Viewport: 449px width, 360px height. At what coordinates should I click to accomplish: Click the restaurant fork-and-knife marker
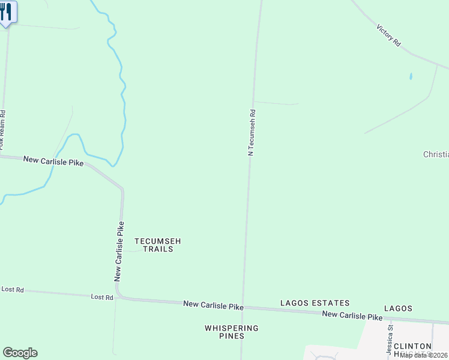tap(7, 13)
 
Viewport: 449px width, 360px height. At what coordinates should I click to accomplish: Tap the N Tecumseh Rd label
tap(253, 132)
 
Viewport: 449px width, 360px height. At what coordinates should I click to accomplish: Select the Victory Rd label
tap(388, 35)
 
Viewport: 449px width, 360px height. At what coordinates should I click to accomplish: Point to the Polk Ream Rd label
tap(2, 129)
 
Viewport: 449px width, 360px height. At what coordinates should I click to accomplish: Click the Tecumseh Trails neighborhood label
tap(157, 245)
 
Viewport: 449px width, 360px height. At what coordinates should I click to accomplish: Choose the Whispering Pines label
tap(232, 332)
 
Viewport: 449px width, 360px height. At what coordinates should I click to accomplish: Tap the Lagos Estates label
tap(315, 304)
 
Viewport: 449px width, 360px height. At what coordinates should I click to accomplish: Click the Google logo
tap(20, 353)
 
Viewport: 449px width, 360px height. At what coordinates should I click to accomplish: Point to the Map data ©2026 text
tap(424, 355)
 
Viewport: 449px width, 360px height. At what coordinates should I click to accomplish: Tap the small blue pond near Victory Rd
tap(411, 77)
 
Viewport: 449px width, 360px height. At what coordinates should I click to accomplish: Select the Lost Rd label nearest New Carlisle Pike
tap(102, 297)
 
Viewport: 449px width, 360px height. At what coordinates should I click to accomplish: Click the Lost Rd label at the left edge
tap(12, 290)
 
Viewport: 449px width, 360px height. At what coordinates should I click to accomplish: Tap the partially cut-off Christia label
tap(436, 154)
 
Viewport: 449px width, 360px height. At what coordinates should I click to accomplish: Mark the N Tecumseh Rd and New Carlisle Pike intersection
tap(243, 307)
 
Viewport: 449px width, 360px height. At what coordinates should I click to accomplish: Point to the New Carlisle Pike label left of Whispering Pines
tap(213, 306)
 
